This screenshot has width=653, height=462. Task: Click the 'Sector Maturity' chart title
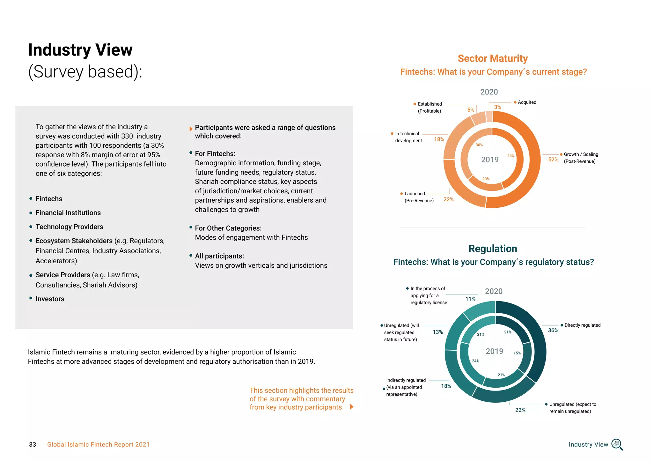tap(493, 58)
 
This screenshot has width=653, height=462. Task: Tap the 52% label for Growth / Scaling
tap(553, 160)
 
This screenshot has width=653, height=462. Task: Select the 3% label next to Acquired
tap(497, 107)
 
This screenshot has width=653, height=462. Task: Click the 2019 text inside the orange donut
tap(490, 160)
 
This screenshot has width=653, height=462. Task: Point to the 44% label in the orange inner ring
tap(511, 156)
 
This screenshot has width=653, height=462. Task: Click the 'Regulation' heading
tap(493, 249)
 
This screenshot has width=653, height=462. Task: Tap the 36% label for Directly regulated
tap(553, 331)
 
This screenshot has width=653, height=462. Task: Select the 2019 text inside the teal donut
tap(494, 351)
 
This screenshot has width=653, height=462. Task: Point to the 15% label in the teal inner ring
tap(517, 353)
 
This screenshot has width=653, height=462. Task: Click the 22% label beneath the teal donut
tap(520, 410)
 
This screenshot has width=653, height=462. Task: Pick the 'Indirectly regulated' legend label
tap(406, 387)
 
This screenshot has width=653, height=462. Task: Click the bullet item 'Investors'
tap(50, 299)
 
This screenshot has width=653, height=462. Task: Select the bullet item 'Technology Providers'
tap(69, 227)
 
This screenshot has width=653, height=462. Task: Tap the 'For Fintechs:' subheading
tap(215, 154)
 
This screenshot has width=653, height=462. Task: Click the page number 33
tap(33, 444)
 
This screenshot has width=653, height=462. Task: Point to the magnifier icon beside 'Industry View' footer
tap(617, 444)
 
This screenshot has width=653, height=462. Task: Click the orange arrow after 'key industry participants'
tap(352, 407)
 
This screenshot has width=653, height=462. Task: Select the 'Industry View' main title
tap(80, 50)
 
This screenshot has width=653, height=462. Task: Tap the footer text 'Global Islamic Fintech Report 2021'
tap(98, 444)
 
